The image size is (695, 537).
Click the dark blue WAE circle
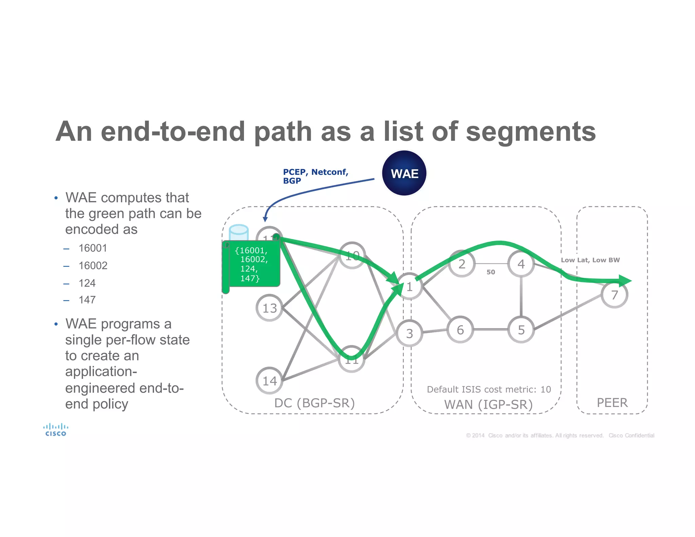click(404, 173)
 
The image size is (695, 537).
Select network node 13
click(269, 308)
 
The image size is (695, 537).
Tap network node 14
click(269, 381)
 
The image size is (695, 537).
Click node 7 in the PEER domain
click(614, 295)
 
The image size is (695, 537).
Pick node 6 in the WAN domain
click(460, 330)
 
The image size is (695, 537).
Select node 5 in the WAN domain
click(521, 330)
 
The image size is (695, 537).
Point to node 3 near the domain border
click(409, 333)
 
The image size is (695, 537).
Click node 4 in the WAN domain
click(521, 264)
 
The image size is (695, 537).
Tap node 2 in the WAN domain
click(462, 264)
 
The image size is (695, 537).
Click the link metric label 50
click(491, 272)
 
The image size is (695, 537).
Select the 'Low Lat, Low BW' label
click(590, 260)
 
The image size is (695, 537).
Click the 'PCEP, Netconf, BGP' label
click(315, 176)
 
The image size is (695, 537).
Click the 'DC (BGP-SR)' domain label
click(314, 403)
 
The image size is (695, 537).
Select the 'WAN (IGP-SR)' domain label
click(488, 405)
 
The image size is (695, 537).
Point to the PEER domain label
click(612, 403)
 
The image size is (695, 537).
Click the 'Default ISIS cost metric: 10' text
click(489, 389)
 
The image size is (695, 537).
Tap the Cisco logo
click(56, 429)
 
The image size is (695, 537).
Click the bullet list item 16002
click(93, 265)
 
